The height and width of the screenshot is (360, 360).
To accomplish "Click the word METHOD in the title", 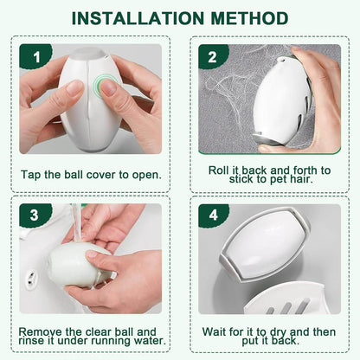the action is click(249, 18).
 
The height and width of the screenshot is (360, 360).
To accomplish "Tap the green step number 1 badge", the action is click(35, 56).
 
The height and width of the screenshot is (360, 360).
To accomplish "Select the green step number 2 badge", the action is click(213, 56).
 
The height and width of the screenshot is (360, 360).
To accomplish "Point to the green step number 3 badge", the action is click(35, 215).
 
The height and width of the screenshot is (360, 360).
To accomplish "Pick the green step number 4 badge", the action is click(213, 215).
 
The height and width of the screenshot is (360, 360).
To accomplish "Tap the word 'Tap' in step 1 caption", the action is click(31, 175).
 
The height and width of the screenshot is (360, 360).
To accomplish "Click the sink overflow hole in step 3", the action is click(31, 277).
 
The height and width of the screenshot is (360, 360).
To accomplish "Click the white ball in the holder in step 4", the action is click(267, 244).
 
